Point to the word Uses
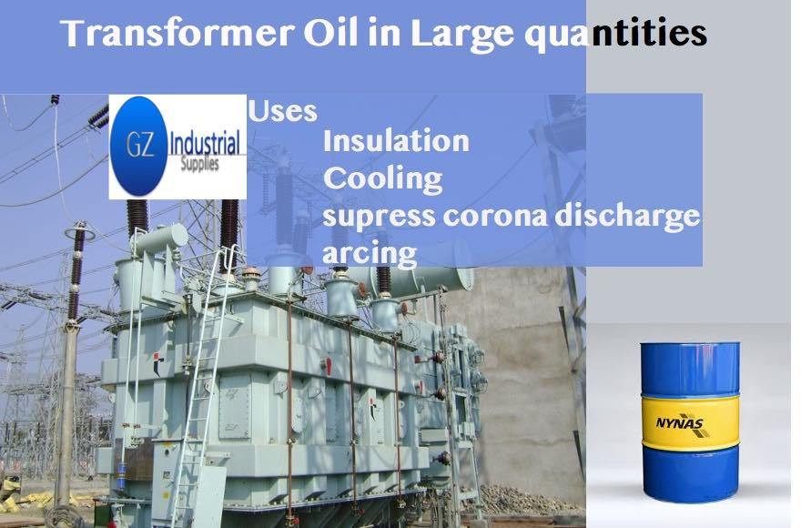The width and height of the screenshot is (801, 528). (x=282, y=111)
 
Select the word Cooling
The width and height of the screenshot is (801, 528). (x=382, y=180)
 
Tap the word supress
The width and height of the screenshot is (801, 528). (x=379, y=218)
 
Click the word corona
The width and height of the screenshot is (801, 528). (x=494, y=217)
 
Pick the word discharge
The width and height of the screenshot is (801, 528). (x=627, y=217)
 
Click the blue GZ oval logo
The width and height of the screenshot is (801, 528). (x=138, y=147)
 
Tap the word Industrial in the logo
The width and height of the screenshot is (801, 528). (x=204, y=143)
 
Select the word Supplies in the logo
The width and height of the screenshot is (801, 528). (x=199, y=165)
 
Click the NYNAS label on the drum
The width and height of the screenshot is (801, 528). (x=680, y=424)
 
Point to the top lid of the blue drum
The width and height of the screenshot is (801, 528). (x=690, y=345)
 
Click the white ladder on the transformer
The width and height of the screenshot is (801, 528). (x=202, y=383)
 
